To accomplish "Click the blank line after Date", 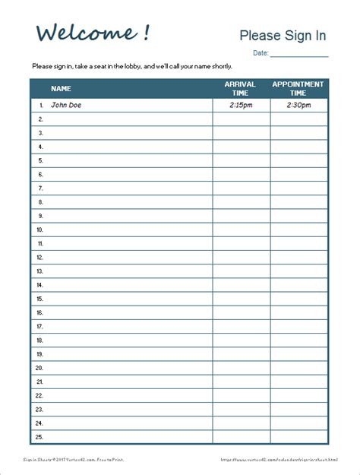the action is tap(299, 53).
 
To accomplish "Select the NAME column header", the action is tap(61, 89).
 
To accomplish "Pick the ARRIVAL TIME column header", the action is tap(241, 88).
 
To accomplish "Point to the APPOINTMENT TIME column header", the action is tap(298, 88).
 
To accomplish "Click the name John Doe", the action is tap(65, 106).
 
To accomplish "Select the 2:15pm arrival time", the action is tap(241, 106).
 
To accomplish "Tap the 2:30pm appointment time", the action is tap(298, 106).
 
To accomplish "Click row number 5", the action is tap(40, 160).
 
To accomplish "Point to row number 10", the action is tap(39, 230).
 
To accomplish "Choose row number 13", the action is tap(39, 271).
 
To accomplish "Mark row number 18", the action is tap(39, 340).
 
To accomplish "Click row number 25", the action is tap(39, 436).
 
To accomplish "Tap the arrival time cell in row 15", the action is tap(241, 299).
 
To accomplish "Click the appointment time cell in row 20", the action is tap(298, 368).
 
